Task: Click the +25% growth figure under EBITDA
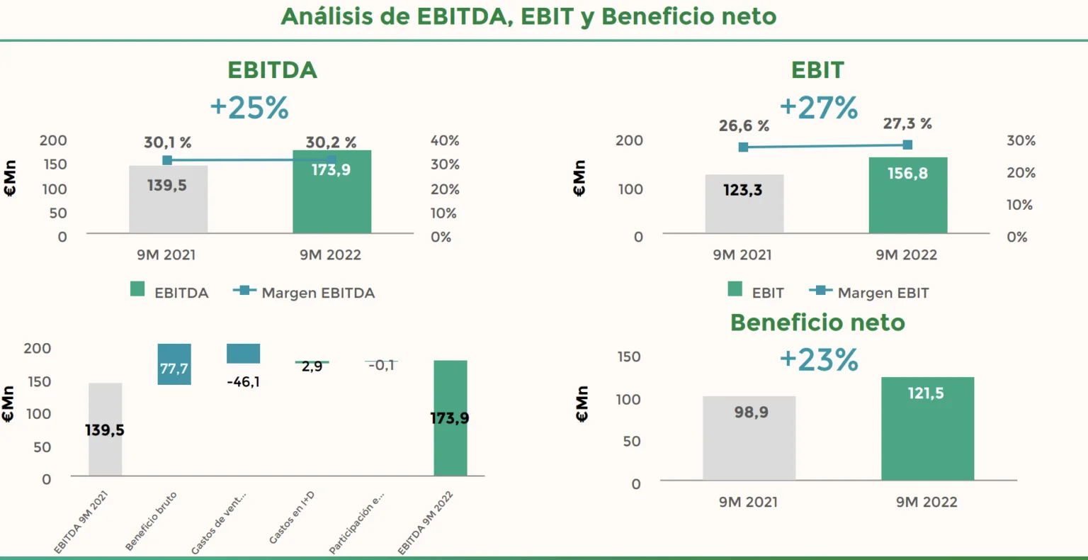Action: click(249, 108)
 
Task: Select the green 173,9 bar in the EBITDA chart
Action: click(331, 191)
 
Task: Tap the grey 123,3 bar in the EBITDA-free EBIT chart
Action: click(744, 203)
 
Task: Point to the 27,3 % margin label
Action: click(907, 124)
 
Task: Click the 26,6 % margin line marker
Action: click(743, 147)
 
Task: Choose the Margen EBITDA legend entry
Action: click(304, 293)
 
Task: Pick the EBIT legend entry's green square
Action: click(735, 289)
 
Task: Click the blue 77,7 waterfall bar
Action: click(174, 364)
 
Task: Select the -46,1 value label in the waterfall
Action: click(243, 382)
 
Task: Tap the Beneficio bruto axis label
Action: click(152, 520)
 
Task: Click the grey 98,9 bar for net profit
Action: click(749, 438)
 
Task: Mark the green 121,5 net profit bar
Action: click(927, 429)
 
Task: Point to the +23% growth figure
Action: click(818, 360)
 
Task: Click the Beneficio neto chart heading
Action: click(817, 323)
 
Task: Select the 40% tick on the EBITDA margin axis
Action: click(445, 140)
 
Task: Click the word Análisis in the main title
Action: click(327, 16)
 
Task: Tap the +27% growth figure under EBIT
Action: click(818, 108)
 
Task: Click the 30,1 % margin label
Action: click(167, 142)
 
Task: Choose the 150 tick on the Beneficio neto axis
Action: click(628, 357)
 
